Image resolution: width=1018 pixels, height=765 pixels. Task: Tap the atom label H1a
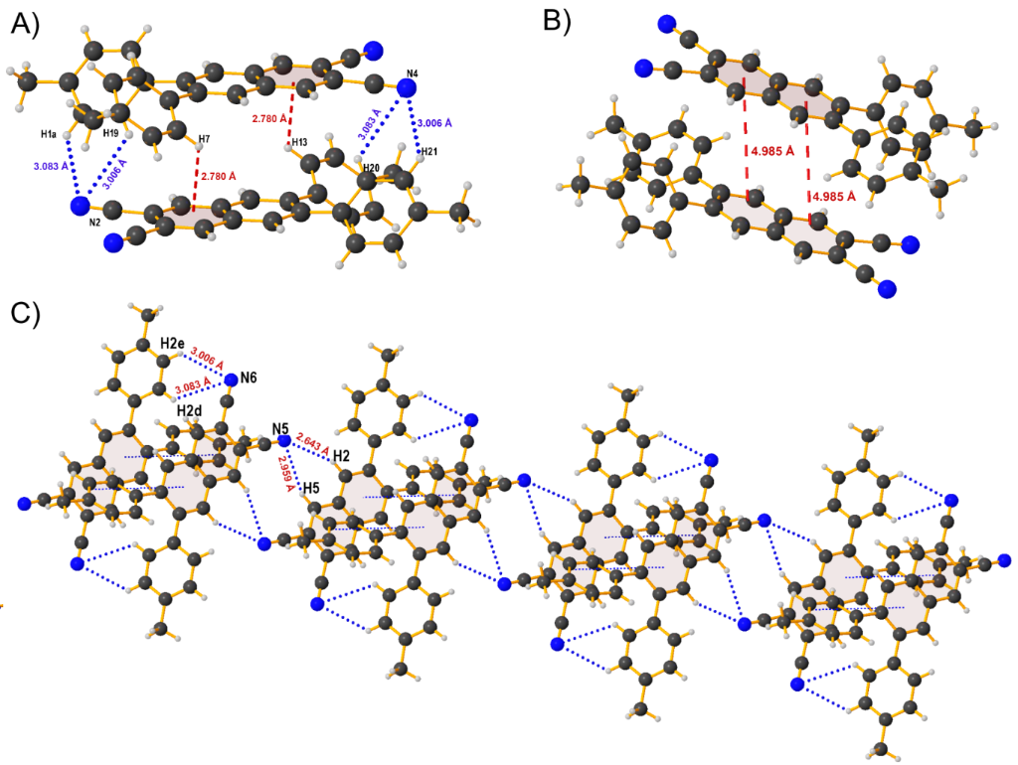49,134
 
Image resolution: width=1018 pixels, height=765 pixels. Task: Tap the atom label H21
428,152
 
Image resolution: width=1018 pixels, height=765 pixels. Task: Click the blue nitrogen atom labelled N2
80,206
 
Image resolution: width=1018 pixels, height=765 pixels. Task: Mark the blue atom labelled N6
232,379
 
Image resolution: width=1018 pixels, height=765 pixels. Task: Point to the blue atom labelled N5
284,439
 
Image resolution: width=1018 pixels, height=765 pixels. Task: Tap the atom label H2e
173,345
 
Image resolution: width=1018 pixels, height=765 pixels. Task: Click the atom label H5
311,489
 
